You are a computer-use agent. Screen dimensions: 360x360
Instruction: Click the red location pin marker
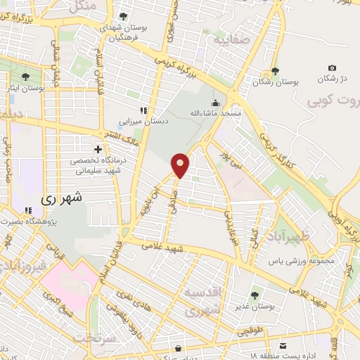pos(181,165)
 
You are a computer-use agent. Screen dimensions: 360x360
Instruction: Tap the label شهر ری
pos(61,199)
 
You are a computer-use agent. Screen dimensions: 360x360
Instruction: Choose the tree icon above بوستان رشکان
pos(274,71)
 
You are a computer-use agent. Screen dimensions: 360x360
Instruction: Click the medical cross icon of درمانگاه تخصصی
pos(98,149)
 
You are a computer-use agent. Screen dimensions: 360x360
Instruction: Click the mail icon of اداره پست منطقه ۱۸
pos(283,347)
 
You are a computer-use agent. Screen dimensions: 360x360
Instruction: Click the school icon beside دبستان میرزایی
pos(143,110)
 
